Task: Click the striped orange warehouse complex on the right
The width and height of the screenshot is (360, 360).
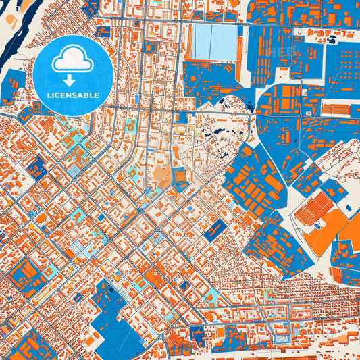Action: (x=315, y=209)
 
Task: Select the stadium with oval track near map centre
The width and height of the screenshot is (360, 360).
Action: (x=180, y=178)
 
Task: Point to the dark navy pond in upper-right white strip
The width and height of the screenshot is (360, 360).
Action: (x=332, y=40)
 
